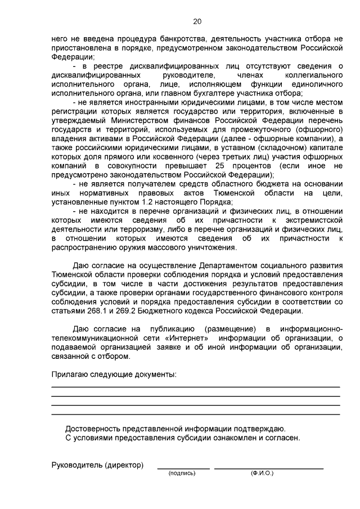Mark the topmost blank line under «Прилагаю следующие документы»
tap(195, 387)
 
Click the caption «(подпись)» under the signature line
tap(182, 474)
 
